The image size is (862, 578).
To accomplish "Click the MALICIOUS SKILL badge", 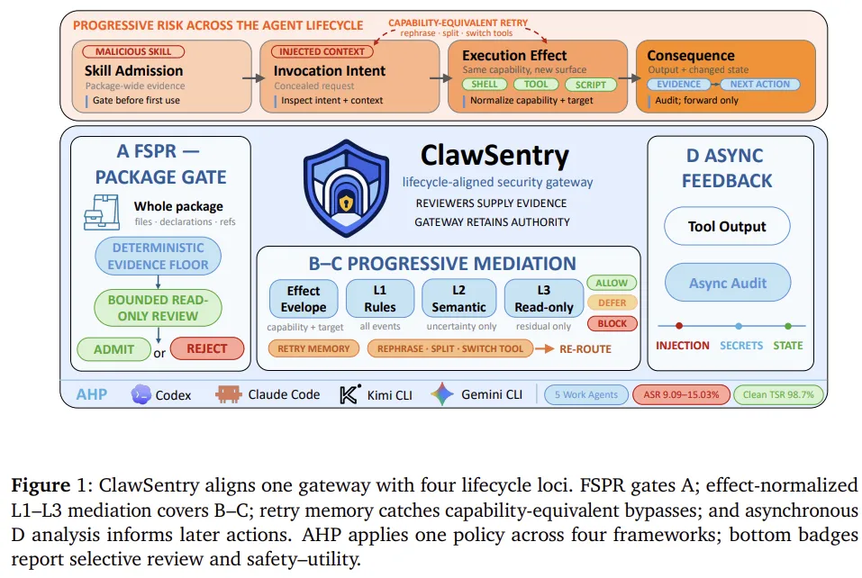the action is click(133, 51).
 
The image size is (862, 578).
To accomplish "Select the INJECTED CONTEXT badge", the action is click(322, 51).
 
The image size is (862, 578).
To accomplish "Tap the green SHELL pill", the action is click(485, 84).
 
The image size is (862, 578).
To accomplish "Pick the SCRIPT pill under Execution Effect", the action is click(590, 85).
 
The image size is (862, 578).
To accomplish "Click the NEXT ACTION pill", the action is click(759, 84).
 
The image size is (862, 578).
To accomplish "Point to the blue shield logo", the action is click(347, 188).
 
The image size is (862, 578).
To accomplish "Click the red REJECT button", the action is click(206, 349).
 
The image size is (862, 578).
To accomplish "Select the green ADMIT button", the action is click(113, 349).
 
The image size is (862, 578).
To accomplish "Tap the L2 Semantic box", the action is click(459, 298).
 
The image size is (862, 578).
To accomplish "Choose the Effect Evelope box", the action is click(304, 298).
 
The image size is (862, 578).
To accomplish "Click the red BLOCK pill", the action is click(612, 323).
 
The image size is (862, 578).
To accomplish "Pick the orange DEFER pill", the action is click(612, 303).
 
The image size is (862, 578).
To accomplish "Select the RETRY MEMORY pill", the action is click(313, 348).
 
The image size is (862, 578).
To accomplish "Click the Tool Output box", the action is click(727, 226).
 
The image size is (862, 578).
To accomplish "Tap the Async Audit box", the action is click(728, 283).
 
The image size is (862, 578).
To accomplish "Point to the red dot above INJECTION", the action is click(679, 326).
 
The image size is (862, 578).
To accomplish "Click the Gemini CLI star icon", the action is click(442, 394).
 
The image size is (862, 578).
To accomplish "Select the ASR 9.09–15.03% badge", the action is click(681, 394).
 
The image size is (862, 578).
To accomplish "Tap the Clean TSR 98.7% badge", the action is click(778, 394).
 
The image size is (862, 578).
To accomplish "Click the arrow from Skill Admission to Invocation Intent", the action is click(253, 78).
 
